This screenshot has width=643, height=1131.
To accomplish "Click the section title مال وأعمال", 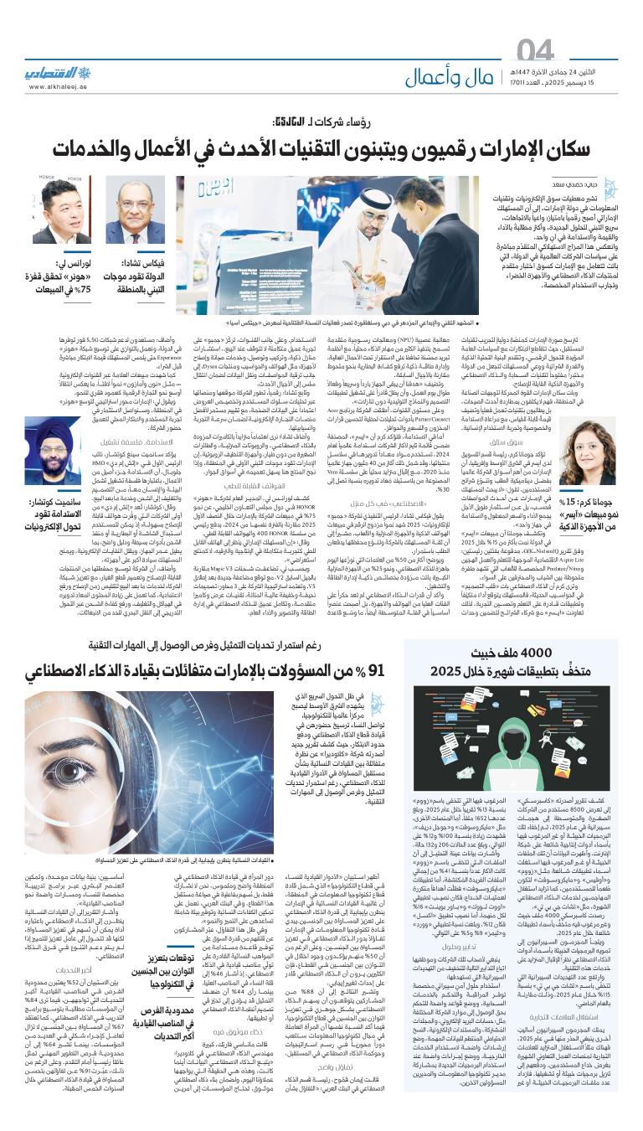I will (451, 77).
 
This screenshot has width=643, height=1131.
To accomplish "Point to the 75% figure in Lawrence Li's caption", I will (80, 293).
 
